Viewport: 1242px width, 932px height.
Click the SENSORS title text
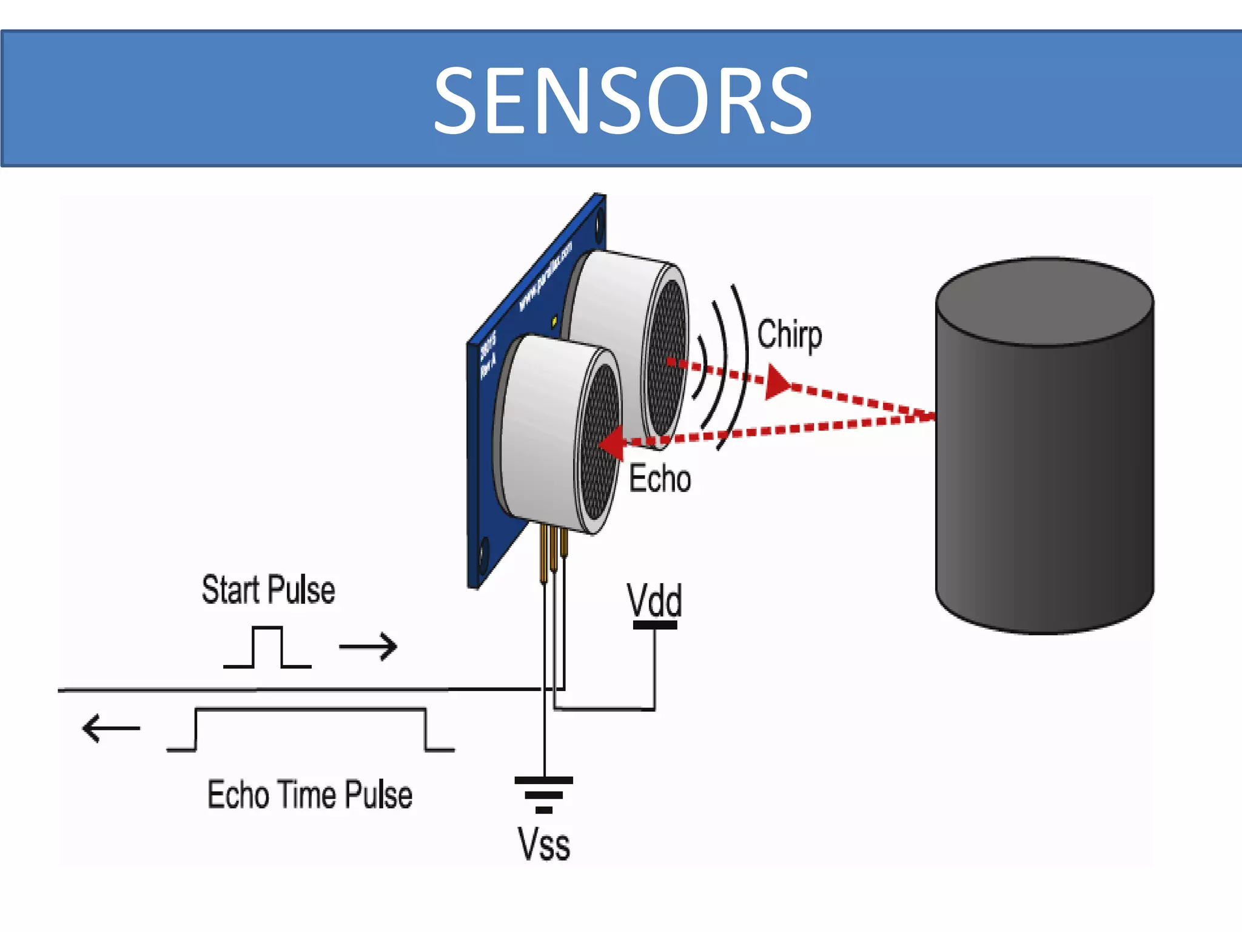[622, 101]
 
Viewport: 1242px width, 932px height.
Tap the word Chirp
[789, 335]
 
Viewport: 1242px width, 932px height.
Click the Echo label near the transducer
[659, 479]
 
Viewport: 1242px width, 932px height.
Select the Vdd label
[654, 600]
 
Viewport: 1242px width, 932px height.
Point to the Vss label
[543, 844]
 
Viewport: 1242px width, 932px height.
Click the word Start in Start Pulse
[230, 590]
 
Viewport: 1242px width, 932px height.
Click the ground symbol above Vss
[544, 794]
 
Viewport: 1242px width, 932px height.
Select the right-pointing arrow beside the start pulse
[368, 646]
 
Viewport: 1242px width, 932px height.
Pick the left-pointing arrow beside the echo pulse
[110, 728]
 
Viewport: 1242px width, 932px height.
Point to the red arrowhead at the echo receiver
[613, 443]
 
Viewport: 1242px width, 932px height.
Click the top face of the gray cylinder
[1044, 302]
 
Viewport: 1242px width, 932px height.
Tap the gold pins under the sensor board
[553, 552]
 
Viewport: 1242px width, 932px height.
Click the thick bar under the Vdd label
[655, 625]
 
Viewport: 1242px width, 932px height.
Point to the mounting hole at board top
[600, 224]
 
